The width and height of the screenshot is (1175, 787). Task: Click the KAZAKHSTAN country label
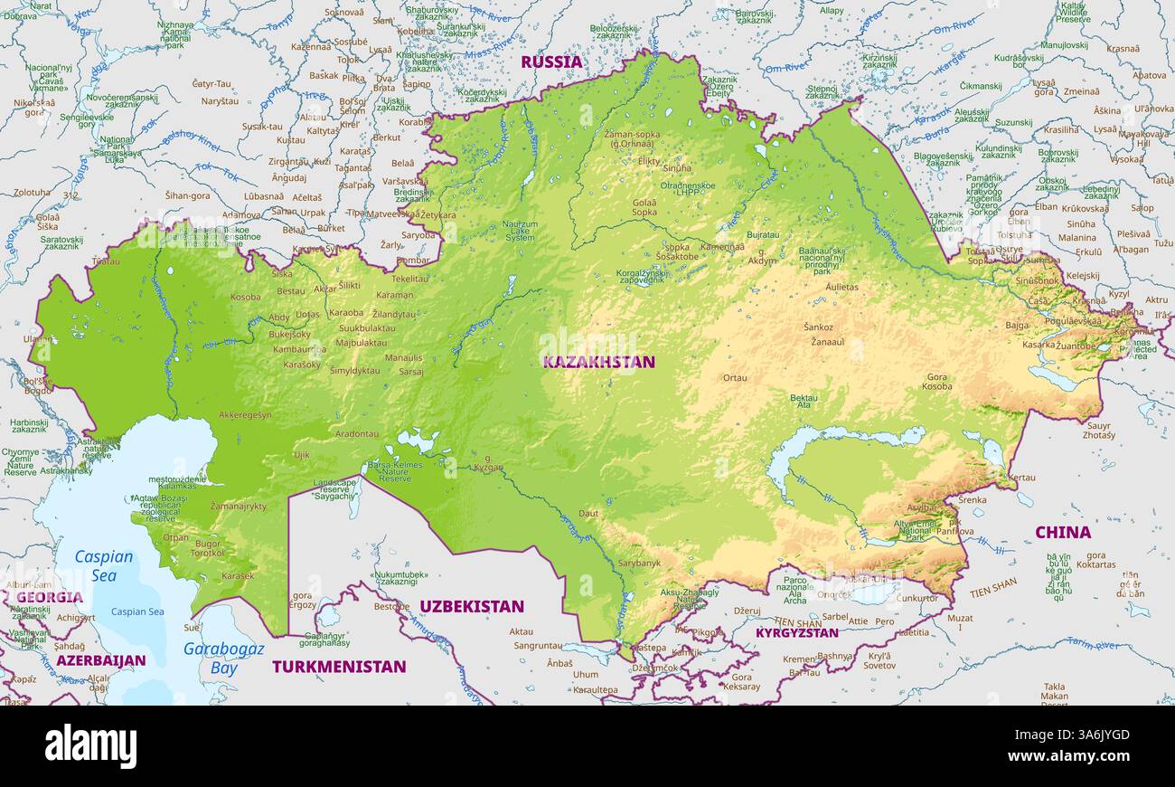(x=598, y=362)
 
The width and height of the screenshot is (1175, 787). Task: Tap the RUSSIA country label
(x=551, y=62)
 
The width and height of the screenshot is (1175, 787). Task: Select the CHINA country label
(x=1062, y=533)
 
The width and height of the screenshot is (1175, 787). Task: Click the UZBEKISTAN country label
(x=472, y=606)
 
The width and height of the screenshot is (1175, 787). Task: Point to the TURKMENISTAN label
(x=339, y=667)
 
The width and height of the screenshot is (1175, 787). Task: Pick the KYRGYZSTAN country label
(x=796, y=633)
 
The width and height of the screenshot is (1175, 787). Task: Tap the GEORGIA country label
(x=49, y=597)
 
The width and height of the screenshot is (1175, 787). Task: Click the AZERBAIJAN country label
(x=100, y=660)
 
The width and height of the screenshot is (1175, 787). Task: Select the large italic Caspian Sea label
(x=104, y=566)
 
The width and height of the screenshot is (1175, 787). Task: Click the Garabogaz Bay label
(x=223, y=658)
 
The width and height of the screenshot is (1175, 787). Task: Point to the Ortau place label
(x=735, y=378)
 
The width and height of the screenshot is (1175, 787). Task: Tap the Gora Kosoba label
(x=936, y=382)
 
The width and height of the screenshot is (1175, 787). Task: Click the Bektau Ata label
(x=804, y=402)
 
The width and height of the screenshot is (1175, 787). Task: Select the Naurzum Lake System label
(x=520, y=231)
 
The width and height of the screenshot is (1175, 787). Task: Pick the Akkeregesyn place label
(x=245, y=415)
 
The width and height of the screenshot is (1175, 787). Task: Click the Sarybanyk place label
(x=639, y=563)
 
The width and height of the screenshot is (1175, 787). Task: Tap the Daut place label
(x=588, y=513)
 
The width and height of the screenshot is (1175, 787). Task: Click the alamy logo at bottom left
(x=90, y=746)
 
